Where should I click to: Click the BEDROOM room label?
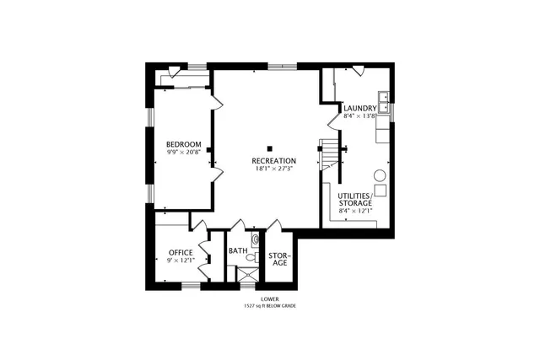tap(183, 144)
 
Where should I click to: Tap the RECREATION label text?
tap(274, 160)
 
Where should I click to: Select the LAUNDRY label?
tap(359, 108)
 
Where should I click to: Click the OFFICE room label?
tap(181, 252)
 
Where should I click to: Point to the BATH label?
tap(237, 251)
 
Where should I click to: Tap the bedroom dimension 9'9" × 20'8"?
tap(183, 153)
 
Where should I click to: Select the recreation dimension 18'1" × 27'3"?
tap(274, 169)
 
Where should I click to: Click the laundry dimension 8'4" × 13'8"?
tap(359, 116)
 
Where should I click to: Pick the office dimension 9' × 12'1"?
tap(181, 261)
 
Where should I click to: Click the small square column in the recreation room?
tap(270, 142)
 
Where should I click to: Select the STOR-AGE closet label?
tap(279, 259)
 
